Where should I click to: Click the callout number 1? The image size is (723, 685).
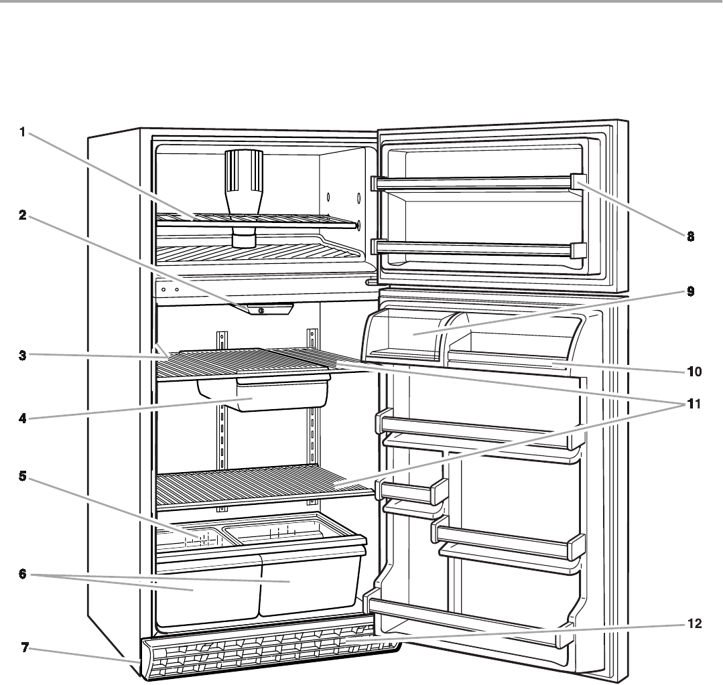pyautogui.click(x=22, y=133)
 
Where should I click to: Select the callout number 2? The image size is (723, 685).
pyautogui.click(x=22, y=217)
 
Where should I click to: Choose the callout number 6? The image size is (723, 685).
pyautogui.click(x=22, y=575)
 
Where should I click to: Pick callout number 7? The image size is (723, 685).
pyautogui.click(x=22, y=649)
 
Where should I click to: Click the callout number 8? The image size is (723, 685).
pyautogui.click(x=690, y=236)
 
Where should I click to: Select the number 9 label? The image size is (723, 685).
pyautogui.click(x=690, y=291)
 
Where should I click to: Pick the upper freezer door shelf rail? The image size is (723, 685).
pyautogui.click(x=476, y=181)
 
